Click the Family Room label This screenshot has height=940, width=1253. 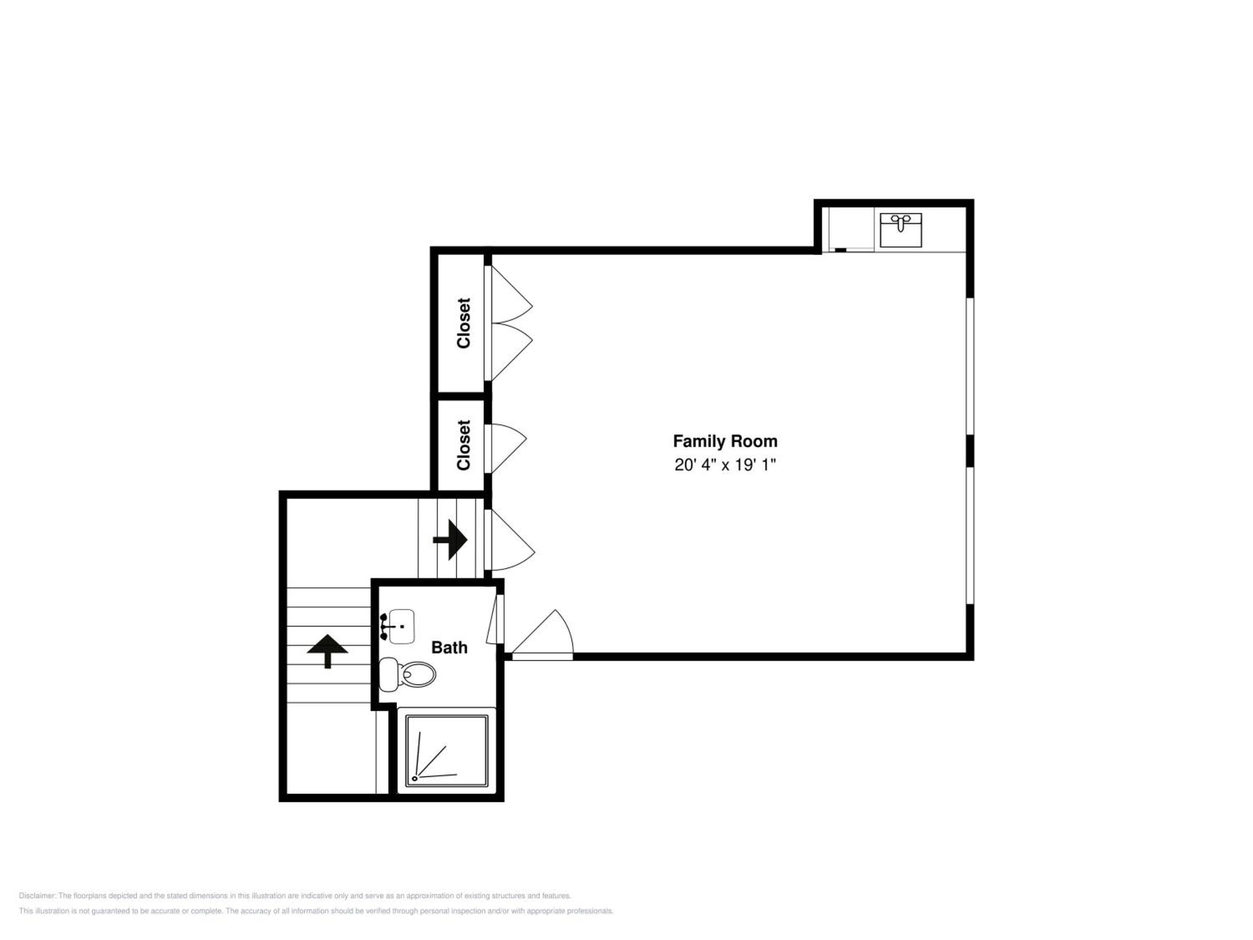click(x=725, y=442)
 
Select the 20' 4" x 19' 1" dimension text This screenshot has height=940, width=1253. click(x=725, y=465)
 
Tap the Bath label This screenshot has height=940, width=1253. click(x=449, y=648)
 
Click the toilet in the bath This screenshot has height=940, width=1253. click(x=407, y=674)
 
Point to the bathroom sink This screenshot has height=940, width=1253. click(x=399, y=626)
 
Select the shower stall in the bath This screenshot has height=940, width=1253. click(x=446, y=751)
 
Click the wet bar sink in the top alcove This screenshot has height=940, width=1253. click(x=900, y=230)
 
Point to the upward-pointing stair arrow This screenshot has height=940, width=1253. click(x=327, y=651)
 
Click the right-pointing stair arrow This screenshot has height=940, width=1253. click(x=450, y=540)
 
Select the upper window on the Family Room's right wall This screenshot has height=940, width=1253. click(x=970, y=366)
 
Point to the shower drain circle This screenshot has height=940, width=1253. click(x=415, y=778)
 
